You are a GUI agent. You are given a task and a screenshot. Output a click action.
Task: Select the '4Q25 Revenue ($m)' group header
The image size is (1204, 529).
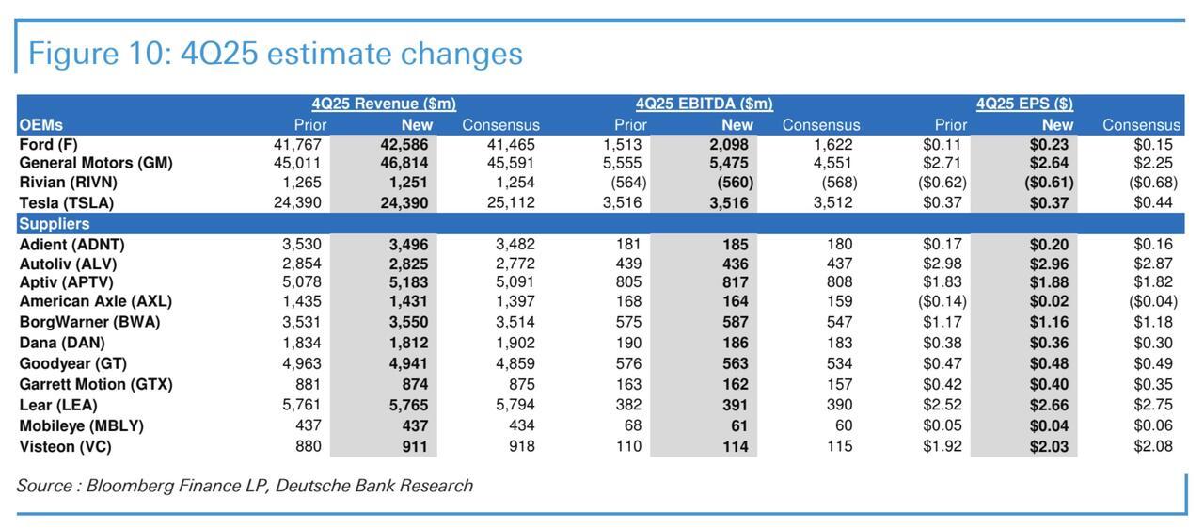click(384, 104)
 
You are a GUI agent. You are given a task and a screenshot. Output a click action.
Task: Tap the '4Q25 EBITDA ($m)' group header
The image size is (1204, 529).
click(704, 104)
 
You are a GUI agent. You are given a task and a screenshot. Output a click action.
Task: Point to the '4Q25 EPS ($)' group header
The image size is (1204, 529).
click(1024, 104)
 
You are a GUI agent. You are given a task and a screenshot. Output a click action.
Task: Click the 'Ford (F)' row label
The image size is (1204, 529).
click(49, 145)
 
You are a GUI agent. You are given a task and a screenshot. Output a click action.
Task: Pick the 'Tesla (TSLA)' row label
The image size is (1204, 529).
click(67, 202)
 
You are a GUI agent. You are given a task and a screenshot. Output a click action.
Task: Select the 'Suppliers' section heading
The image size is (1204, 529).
click(55, 224)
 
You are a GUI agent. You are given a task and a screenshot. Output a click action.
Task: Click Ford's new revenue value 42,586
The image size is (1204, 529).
click(404, 145)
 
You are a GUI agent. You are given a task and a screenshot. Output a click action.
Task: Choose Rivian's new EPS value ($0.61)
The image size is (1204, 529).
click(1049, 183)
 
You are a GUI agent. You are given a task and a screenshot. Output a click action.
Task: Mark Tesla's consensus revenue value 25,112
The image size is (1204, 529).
click(511, 202)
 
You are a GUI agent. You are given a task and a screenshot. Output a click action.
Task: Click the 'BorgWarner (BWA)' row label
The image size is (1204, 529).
click(89, 322)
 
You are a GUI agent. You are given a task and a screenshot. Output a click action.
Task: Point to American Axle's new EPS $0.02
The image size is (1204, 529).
click(1049, 302)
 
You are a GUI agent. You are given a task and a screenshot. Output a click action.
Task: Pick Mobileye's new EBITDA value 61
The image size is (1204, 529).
click(739, 426)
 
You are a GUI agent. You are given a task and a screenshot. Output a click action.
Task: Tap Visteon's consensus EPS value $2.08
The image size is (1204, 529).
click(1153, 447)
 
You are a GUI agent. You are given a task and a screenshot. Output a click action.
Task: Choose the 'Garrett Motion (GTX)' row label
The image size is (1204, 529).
click(96, 384)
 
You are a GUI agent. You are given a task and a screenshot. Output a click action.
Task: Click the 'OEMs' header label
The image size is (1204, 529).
click(40, 125)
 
